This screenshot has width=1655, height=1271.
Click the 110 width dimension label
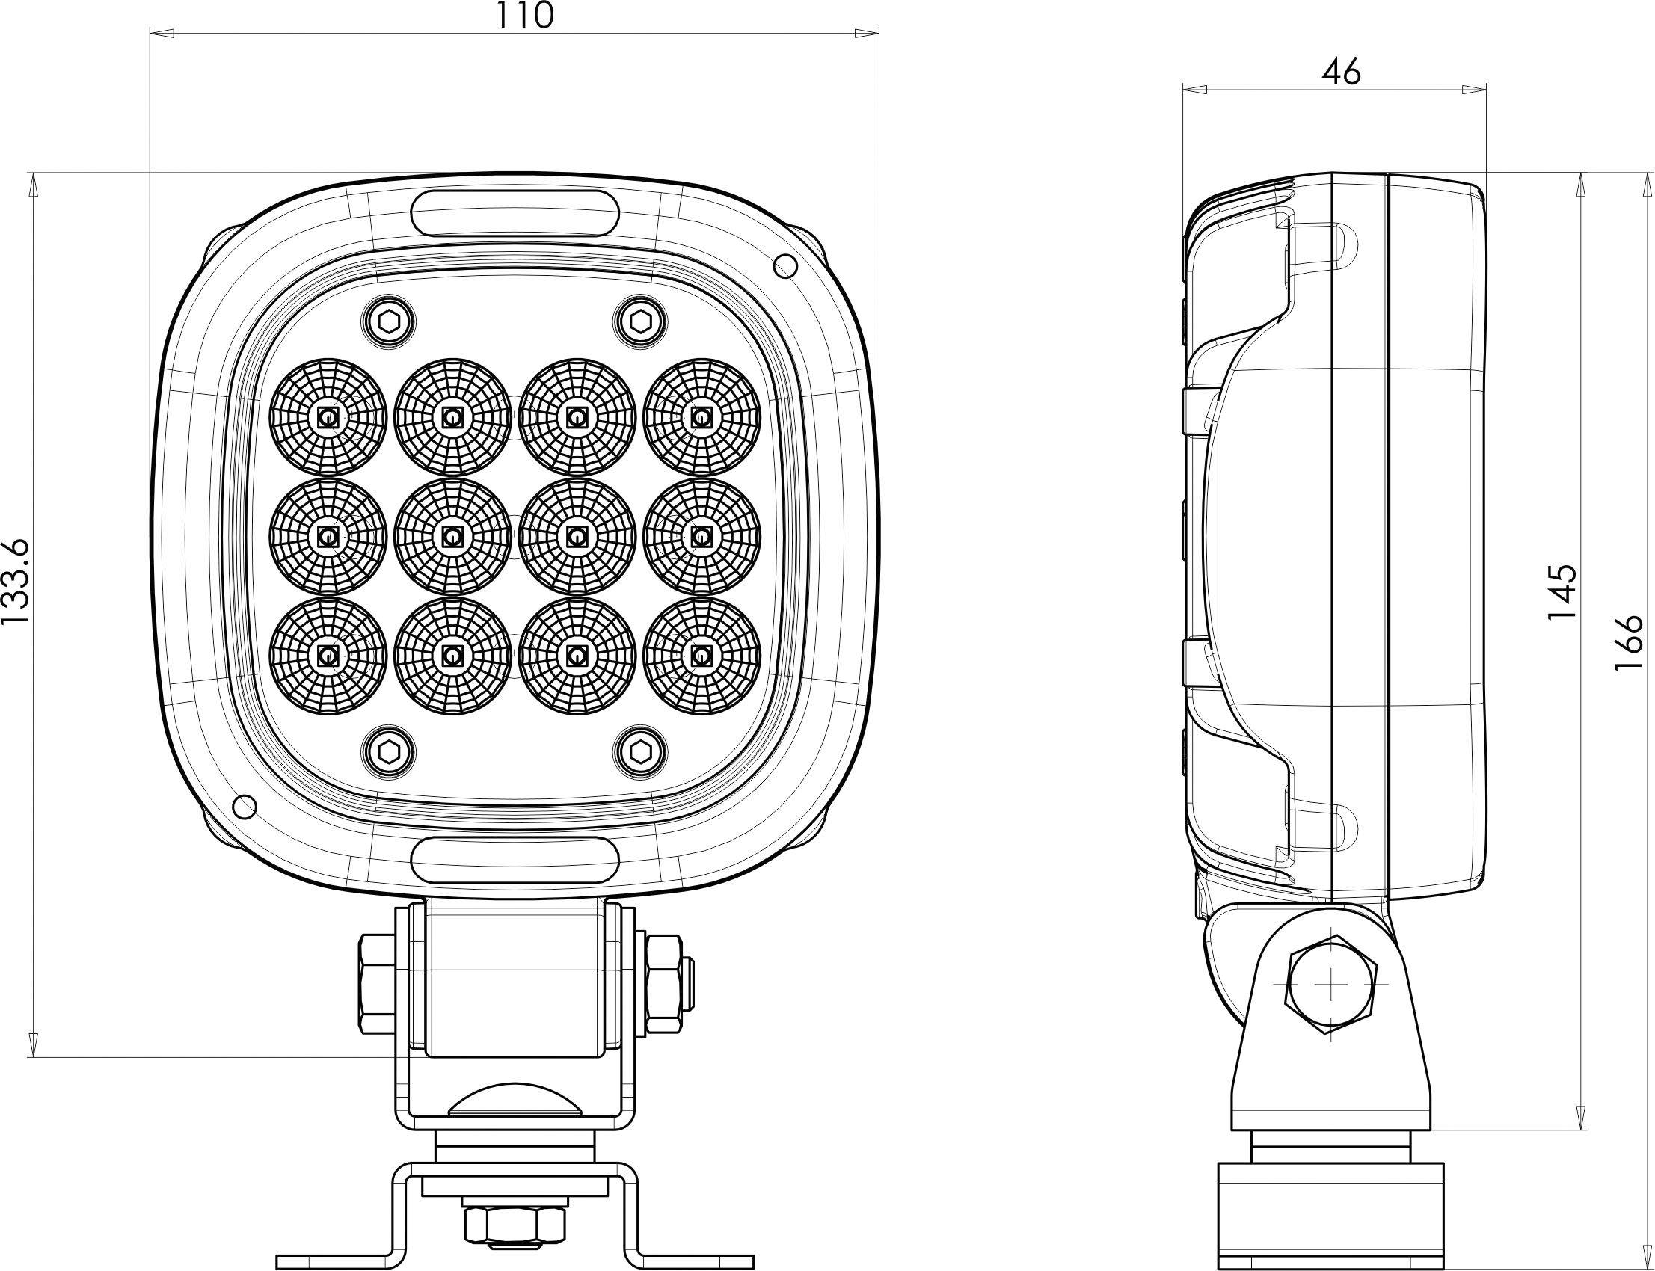click(x=525, y=14)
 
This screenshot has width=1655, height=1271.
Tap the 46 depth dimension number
click(x=1342, y=72)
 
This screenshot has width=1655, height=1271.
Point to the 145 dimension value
click(x=1562, y=591)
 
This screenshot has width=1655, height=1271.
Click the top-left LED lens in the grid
click(x=328, y=417)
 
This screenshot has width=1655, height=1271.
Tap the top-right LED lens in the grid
click(x=701, y=417)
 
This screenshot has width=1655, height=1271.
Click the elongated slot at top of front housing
click(x=516, y=215)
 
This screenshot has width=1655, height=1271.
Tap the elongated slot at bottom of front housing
click(x=516, y=861)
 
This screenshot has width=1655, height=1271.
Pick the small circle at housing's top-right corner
click(x=786, y=265)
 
